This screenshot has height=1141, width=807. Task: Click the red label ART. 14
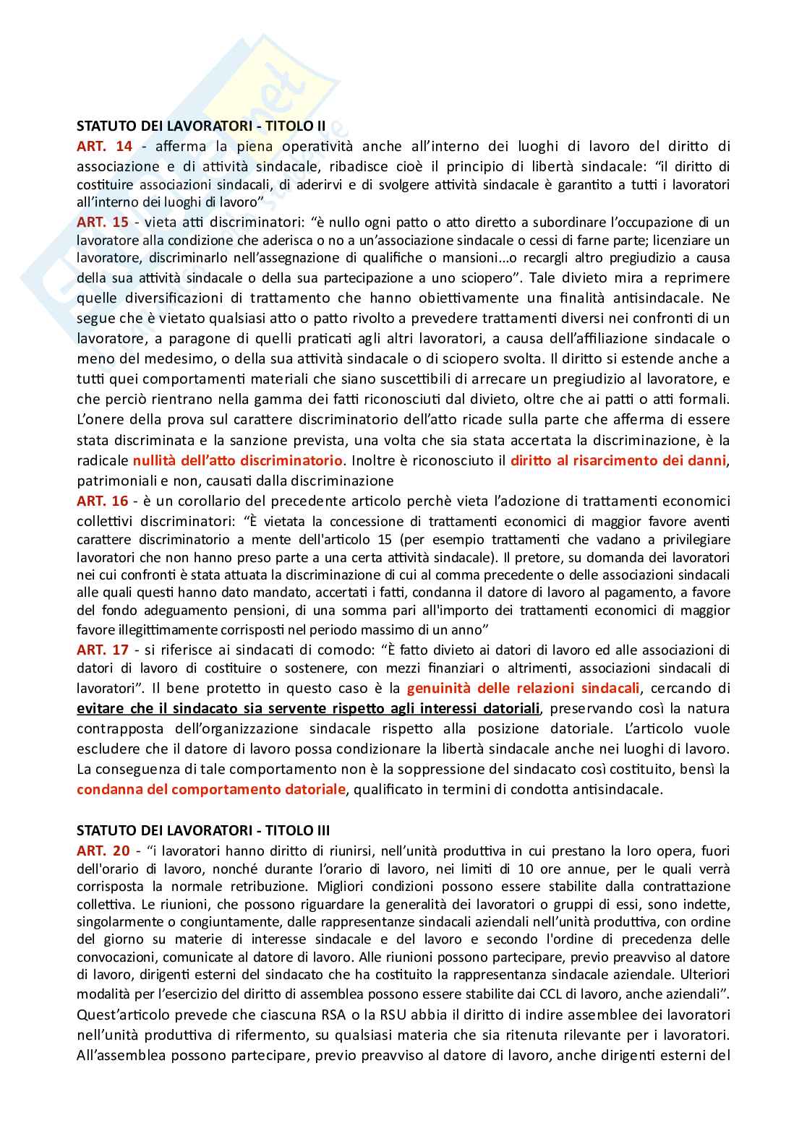point(104,147)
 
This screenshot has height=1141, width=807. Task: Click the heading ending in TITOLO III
point(203,830)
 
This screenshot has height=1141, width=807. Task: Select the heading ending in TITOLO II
point(201,126)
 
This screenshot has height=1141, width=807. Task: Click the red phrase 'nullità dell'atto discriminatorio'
point(237,460)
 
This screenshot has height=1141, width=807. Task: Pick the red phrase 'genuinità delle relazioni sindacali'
point(523,688)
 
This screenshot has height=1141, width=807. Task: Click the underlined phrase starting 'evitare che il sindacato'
point(308,708)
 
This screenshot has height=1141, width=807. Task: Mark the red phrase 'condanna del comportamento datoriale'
point(211,789)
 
